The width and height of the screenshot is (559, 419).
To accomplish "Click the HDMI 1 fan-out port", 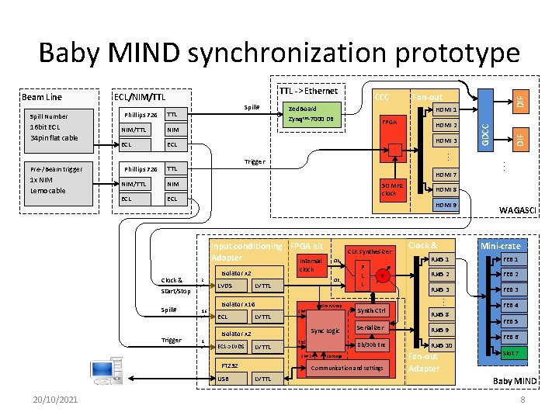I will tap(446, 110).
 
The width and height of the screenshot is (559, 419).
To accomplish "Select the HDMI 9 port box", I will tap(446, 205).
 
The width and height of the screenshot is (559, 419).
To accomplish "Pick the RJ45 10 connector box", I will tap(442, 345).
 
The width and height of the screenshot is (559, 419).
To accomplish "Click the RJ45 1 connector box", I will tap(442, 259).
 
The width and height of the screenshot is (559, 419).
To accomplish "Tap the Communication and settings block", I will tap(346, 368).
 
